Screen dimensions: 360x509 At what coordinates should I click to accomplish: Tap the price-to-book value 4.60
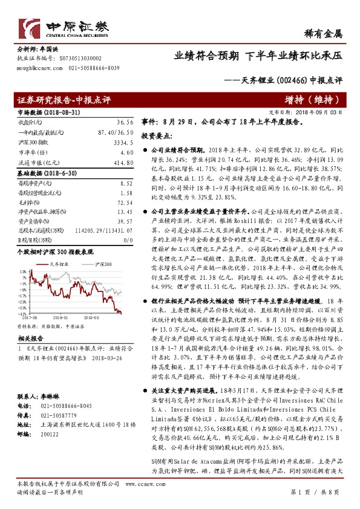126,152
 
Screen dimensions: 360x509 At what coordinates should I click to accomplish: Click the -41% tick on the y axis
22,313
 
